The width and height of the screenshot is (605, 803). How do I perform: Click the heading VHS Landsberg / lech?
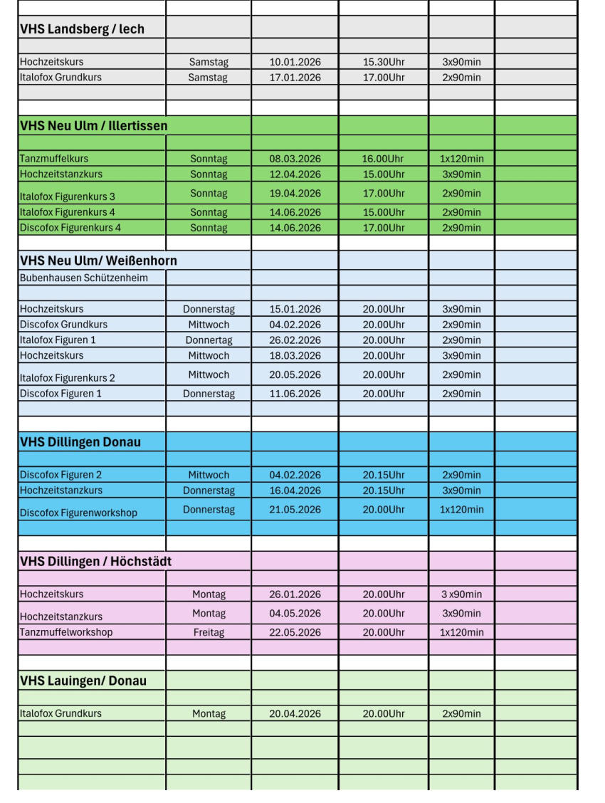coord(82,29)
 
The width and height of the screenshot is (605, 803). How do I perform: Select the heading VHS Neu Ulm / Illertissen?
coord(93,126)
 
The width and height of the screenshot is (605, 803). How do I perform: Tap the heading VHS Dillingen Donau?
coord(80,442)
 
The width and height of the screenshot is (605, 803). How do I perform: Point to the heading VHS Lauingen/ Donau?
coord(83,681)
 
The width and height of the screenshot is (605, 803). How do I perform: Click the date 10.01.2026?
coord(295,62)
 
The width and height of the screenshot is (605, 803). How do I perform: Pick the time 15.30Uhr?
coord(383,62)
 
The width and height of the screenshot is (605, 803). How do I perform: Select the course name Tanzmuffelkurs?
coord(54,159)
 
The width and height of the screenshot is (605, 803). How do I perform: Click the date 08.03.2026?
coord(295,159)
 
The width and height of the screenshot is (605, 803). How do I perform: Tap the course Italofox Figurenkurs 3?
coord(67,196)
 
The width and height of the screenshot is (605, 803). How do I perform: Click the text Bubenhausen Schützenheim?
coord(83,278)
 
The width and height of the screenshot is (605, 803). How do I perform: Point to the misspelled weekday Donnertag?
coord(209,340)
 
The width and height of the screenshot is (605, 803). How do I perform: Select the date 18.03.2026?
coord(295,355)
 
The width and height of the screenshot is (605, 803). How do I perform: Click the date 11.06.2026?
coord(295,394)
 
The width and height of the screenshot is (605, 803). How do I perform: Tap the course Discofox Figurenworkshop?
coord(78,513)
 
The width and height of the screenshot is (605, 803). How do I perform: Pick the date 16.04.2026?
coord(295,490)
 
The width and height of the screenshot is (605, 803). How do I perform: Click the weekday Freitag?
coord(209,632)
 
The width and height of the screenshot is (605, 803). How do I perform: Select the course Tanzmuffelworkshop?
coord(65,632)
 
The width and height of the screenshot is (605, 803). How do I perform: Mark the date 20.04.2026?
coord(295,713)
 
